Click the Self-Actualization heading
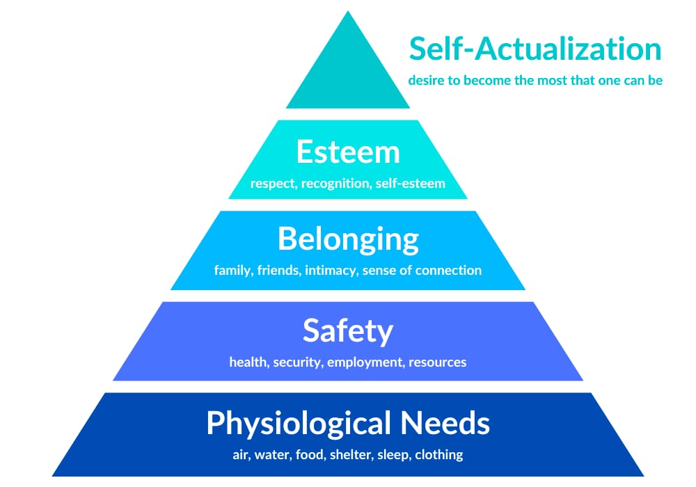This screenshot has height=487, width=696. (535, 49)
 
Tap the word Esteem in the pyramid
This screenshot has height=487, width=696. (348, 152)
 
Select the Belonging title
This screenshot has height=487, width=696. (348, 240)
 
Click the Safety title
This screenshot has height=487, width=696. (348, 331)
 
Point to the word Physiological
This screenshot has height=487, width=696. (299, 424)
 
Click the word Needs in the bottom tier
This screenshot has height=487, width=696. (445, 423)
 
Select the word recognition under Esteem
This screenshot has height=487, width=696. (336, 184)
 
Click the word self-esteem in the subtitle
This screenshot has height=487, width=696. (410, 183)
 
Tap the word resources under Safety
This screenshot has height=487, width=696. (437, 362)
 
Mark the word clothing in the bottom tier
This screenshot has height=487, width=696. (439, 455)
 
